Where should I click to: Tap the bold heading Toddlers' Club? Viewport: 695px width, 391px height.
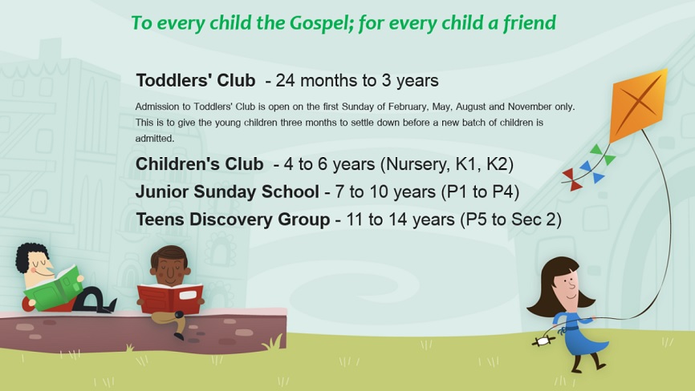tap(196, 80)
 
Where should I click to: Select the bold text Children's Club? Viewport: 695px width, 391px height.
tap(200, 164)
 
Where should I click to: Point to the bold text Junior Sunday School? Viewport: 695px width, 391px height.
tap(227, 192)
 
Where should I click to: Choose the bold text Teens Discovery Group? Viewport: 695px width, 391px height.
tap(233, 220)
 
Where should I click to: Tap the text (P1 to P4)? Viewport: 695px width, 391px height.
tap(480, 192)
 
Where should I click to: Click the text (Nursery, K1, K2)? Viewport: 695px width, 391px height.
tap(447, 164)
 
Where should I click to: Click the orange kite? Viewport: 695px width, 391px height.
tap(639, 104)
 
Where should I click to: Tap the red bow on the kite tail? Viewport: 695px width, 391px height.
tap(571, 179)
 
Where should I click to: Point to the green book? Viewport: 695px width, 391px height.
tap(53, 288)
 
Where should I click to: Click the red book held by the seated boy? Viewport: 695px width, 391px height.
tap(170, 298)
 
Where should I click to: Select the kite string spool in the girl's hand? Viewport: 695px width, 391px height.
tap(543, 341)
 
